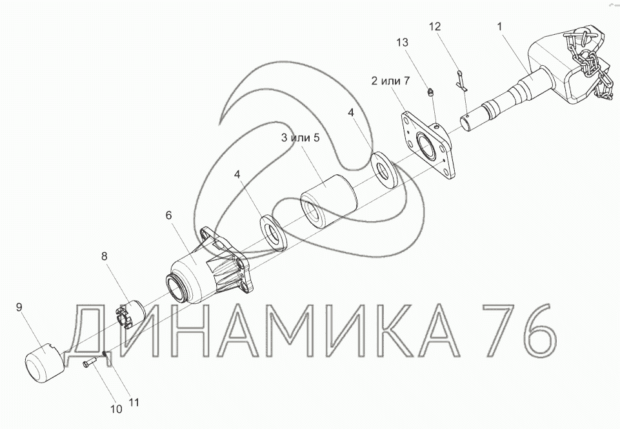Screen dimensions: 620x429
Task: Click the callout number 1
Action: tap(499, 26)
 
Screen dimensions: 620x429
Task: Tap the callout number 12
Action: tap(435, 26)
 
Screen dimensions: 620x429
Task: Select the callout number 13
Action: tap(402, 43)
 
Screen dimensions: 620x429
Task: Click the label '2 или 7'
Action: tap(390, 81)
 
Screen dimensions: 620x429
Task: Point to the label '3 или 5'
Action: tap(300, 137)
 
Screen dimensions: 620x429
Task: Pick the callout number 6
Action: tap(169, 215)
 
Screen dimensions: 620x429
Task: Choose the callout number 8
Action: tap(105, 256)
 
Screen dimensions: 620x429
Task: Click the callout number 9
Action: tap(19, 307)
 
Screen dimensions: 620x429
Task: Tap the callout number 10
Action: tap(116, 409)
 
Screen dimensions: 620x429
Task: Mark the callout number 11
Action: tap(134, 403)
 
